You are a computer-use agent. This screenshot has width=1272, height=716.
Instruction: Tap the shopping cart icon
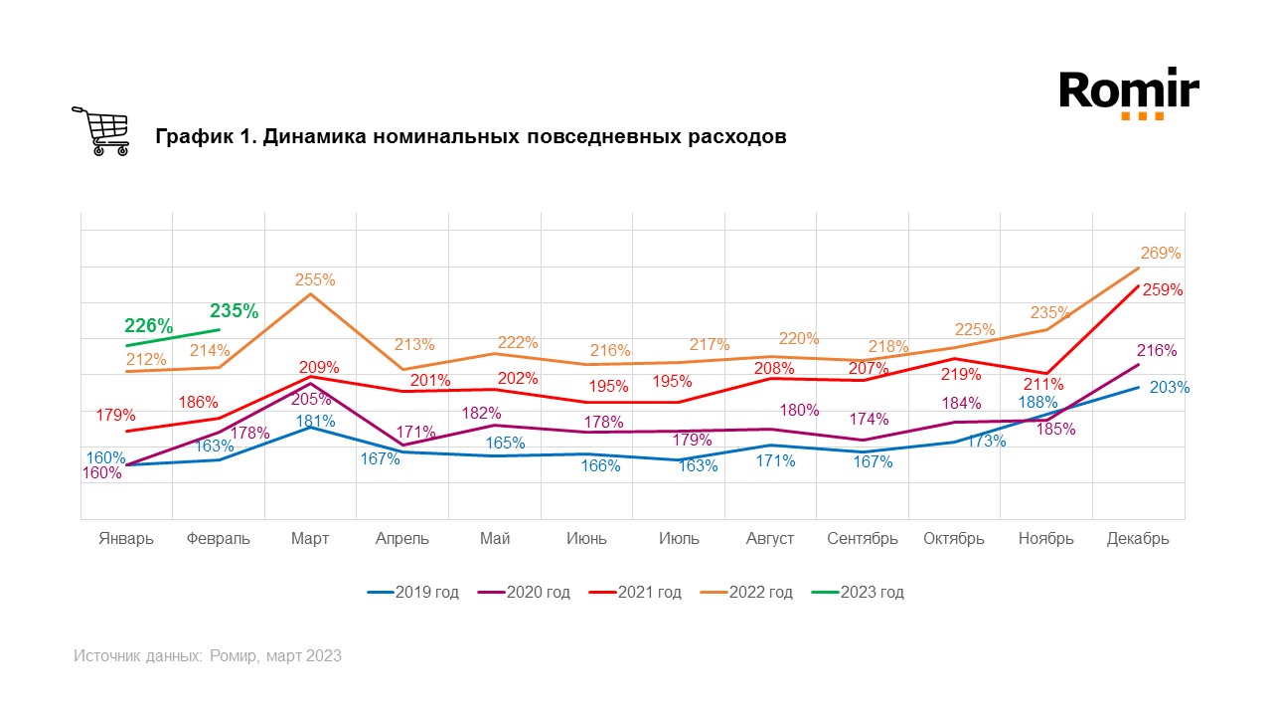pyautogui.click(x=100, y=130)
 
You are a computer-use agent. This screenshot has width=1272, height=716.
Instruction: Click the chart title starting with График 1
pyautogui.click(x=471, y=136)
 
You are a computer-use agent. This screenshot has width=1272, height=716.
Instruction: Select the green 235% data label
pyautogui.click(x=234, y=309)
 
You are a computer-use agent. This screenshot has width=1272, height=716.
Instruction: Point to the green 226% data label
pyautogui.click(x=149, y=325)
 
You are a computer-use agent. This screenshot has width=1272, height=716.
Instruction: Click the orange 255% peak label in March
pyautogui.click(x=315, y=280)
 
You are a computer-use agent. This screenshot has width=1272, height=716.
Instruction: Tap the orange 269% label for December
pyautogui.click(x=1161, y=253)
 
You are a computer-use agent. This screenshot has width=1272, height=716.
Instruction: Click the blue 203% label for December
pyautogui.click(x=1169, y=387)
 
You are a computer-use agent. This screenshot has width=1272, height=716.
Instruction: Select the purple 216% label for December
pyautogui.click(x=1157, y=350)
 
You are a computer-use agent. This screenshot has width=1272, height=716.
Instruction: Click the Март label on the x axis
pyautogui.click(x=310, y=538)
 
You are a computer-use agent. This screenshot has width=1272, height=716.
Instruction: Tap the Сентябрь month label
pyautogui.click(x=862, y=538)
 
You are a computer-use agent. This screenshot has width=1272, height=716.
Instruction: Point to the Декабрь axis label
pyautogui.click(x=1138, y=538)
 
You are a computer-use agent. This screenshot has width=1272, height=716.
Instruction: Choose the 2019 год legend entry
pyautogui.click(x=413, y=592)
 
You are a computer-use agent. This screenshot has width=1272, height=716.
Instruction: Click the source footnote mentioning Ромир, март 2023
pyautogui.click(x=208, y=655)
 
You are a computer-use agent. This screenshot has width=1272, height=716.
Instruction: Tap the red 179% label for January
pyautogui.click(x=116, y=415)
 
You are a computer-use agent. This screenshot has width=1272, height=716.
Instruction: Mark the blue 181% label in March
pyautogui.click(x=315, y=421)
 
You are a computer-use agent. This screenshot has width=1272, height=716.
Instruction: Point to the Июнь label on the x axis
pyautogui.click(x=586, y=538)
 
